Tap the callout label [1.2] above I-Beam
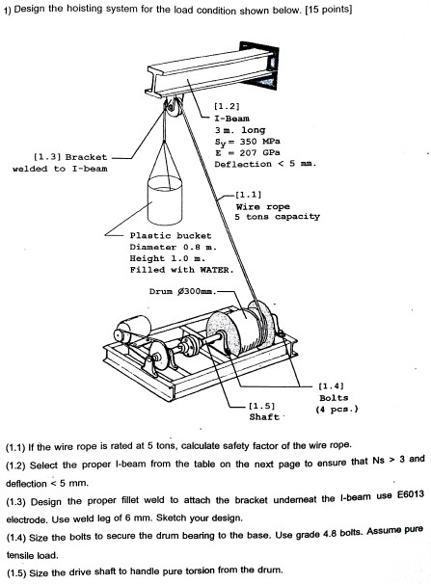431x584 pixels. click(227, 105)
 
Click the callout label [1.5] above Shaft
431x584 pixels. click(263, 406)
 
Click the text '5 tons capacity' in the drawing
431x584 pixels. click(277, 217)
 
